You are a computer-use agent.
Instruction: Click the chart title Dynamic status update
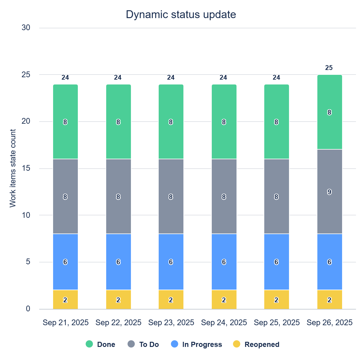pyautogui.click(x=181, y=14)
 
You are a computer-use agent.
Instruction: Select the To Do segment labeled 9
pyautogui.click(x=329, y=192)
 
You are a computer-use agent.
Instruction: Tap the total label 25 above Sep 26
pyautogui.click(x=329, y=68)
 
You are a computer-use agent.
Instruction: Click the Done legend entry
pyautogui.click(x=100, y=344)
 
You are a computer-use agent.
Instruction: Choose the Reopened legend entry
pyautogui.click(x=256, y=344)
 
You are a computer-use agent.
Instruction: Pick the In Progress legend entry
pyautogui.click(x=196, y=344)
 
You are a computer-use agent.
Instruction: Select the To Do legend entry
pyautogui.click(x=144, y=344)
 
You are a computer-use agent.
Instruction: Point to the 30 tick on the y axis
pyautogui.click(x=26, y=28)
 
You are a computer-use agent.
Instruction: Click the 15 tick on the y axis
pyautogui.click(x=26, y=168)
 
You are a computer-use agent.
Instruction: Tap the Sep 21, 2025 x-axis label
pyautogui.click(x=65, y=322)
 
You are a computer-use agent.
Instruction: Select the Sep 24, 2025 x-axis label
pyautogui.click(x=224, y=322)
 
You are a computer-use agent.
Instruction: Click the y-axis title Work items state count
pyautogui.click(x=13, y=168)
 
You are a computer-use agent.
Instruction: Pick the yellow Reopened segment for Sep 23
pyautogui.click(x=171, y=300)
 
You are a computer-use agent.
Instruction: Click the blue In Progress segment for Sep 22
pyautogui.click(x=118, y=262)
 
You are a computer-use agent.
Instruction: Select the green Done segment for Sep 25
pyautogui.click(x=276, y=122)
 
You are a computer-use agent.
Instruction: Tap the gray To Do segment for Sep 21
pyautogui.click(x=65, y=196)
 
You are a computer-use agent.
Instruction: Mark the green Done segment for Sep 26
pyautogui.click(x=329, y=112)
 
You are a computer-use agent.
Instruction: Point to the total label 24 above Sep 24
pyautogui.click(x=223, y=78)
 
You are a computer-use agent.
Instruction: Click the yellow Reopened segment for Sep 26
pyautogui.click(x=329, y=300)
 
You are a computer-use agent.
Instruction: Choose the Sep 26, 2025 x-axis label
pyautogui.click(x=329, y=322)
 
